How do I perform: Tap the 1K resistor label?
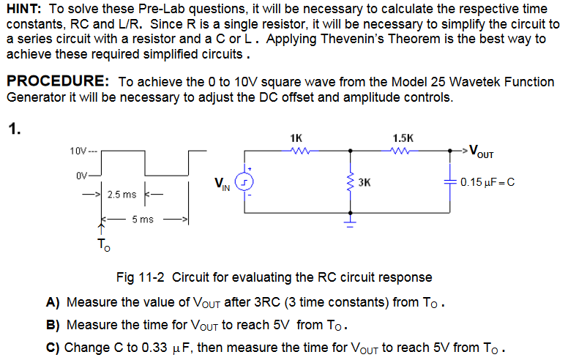pos(296,138)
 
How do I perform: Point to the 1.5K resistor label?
pos(403,138)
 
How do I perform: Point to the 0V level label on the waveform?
pos(81,176)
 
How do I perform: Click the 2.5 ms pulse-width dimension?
pos(121,195)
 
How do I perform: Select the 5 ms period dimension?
pos(143,219)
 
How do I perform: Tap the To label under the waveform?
pos(103,246)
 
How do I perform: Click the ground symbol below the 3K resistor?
pos(351,218)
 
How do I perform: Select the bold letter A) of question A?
pos(53,301)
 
